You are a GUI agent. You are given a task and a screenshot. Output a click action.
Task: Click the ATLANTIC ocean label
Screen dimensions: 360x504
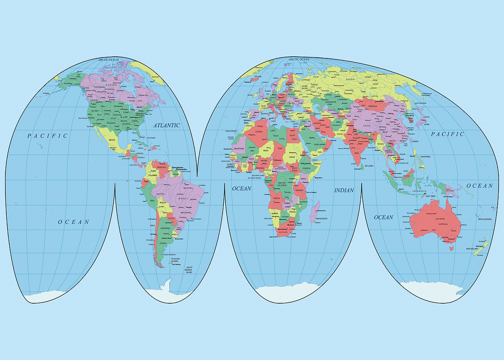pos(166,125)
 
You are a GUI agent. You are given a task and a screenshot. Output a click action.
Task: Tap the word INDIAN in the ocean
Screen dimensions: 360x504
pos(344,190)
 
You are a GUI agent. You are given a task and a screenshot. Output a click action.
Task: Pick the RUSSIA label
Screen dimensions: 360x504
pos(350,79)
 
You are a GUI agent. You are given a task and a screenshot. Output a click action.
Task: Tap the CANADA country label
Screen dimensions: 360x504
pos(110,85)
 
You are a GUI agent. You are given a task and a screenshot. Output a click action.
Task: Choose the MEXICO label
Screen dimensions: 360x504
pos(112,139)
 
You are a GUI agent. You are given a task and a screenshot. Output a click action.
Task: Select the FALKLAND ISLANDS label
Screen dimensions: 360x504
pos(175,260)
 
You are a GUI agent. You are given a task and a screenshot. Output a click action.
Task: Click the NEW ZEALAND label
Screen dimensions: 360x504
pos(472,249)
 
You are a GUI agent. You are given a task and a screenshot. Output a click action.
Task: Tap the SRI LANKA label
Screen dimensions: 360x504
pos(369,166)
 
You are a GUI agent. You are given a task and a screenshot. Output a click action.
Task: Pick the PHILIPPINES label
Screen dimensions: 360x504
pos(425,157)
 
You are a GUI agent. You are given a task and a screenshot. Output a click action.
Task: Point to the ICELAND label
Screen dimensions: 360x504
pos(257,76)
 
